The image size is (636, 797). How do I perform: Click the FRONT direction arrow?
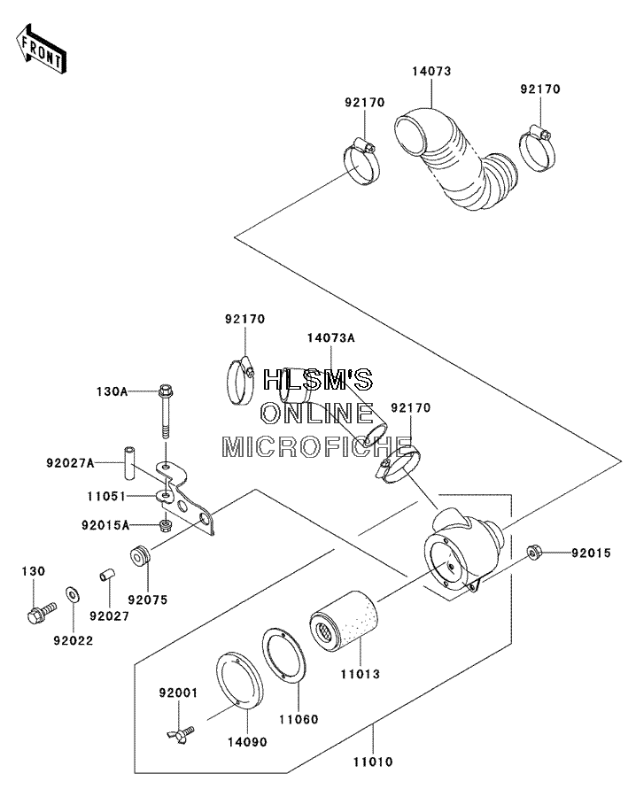[40, 49]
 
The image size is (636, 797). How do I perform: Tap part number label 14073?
[431, 71]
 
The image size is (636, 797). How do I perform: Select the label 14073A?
[330, 338]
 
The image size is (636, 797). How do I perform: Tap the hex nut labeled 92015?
[533, 552]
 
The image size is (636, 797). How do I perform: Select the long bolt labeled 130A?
[165, 411]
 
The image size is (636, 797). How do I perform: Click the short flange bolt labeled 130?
[41, 611]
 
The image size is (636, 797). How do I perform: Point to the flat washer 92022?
[73, 594]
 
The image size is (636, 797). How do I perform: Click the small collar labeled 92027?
[107, 576]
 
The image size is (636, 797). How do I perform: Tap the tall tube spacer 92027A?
[128, 461]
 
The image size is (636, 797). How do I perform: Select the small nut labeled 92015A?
[165, 525]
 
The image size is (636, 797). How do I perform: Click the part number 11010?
[373, 762]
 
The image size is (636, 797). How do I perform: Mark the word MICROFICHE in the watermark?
[317, 446]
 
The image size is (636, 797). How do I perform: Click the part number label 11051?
[106, 496]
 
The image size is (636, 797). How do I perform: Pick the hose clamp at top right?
[538, 147]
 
